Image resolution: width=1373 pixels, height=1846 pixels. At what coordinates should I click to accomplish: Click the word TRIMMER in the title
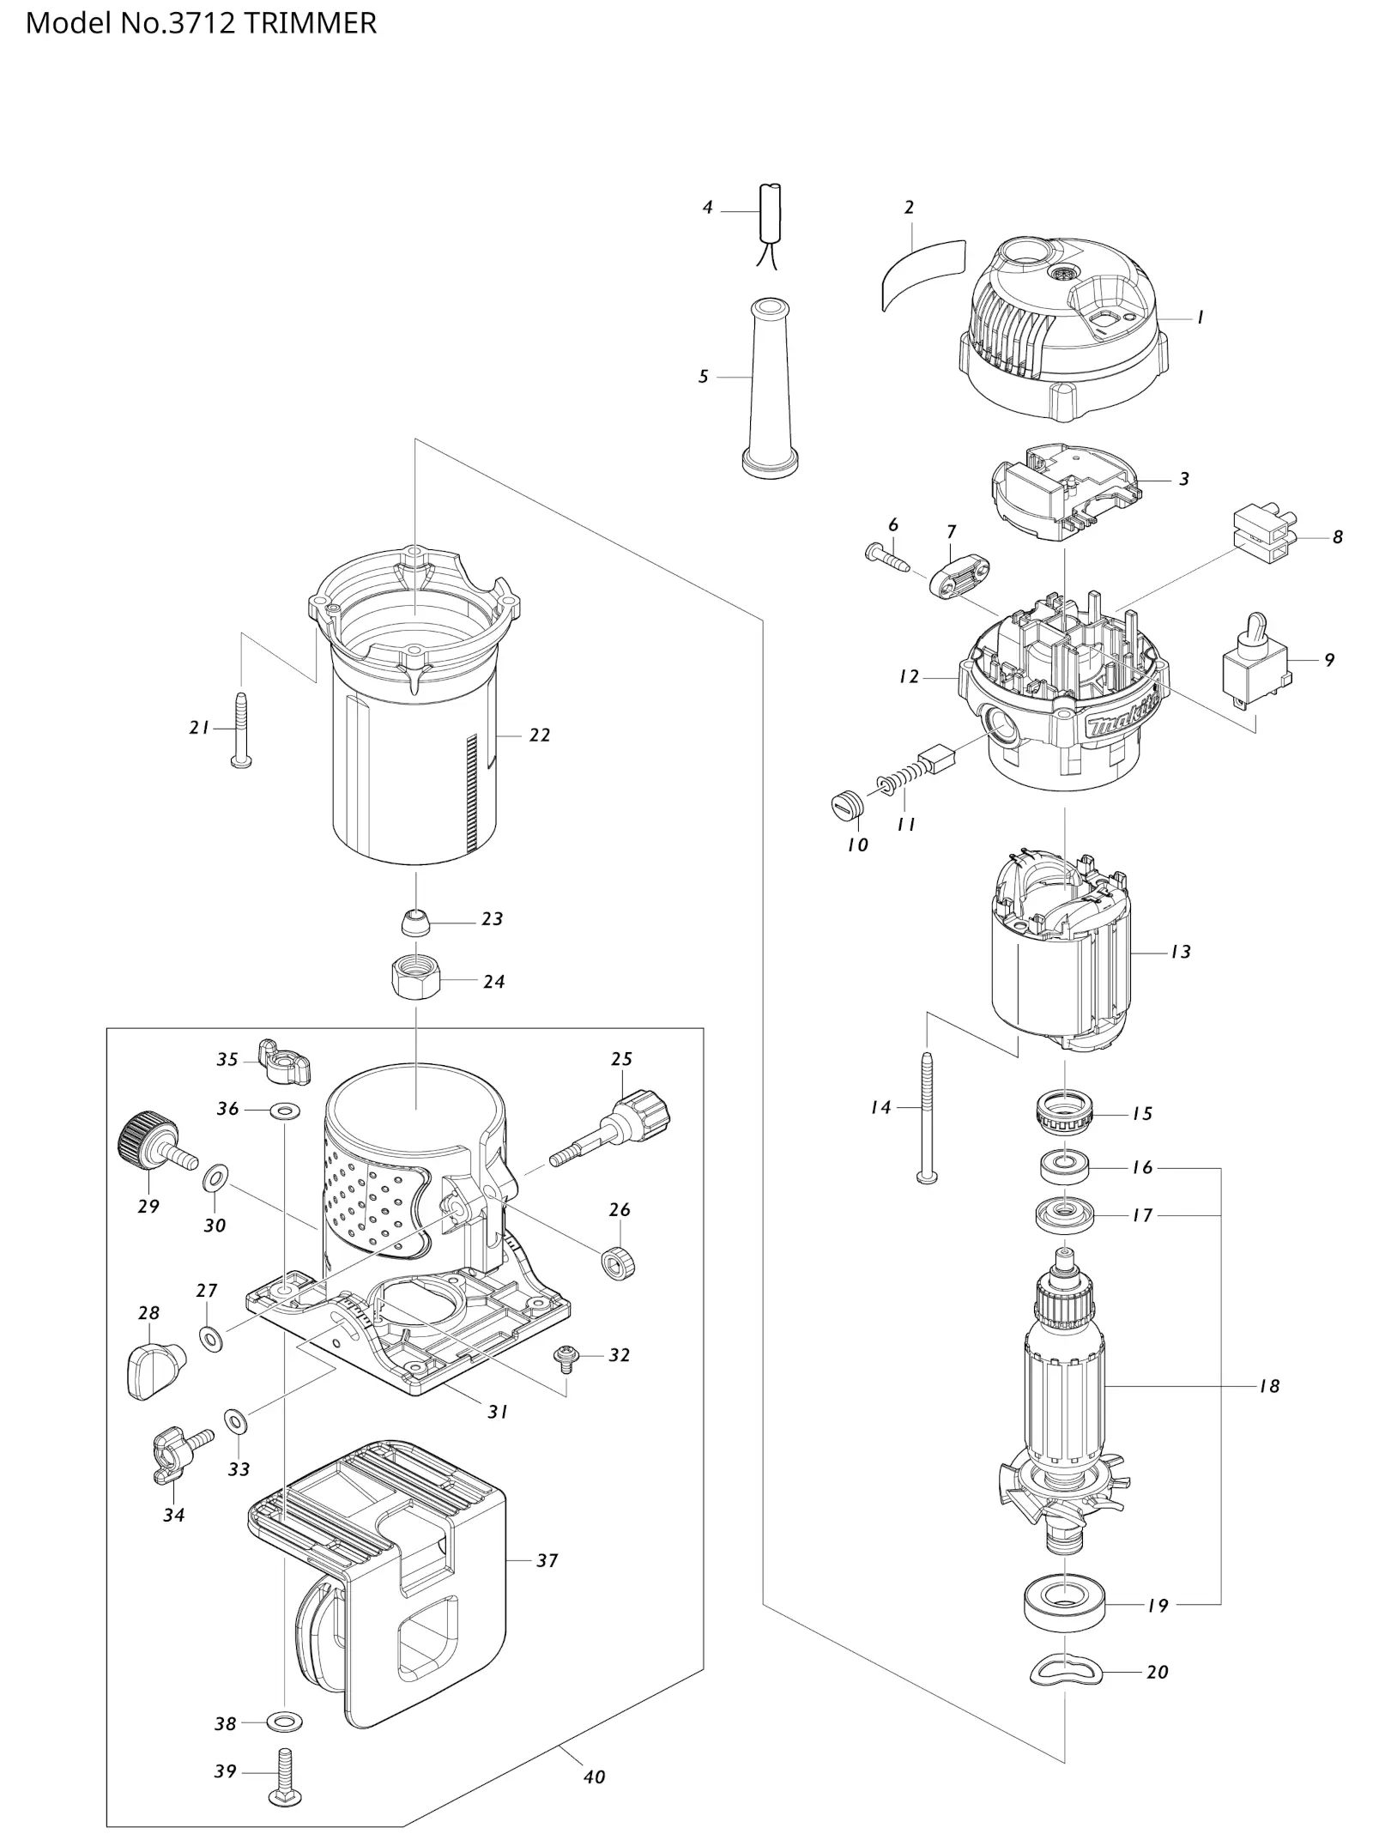coord(311,23)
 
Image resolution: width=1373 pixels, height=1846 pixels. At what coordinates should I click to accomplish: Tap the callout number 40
coord(594,1777)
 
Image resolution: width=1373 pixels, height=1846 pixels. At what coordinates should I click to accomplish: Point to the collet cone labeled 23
coord(415,923)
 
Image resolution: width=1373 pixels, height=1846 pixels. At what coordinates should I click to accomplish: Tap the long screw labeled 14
coord(927,1117)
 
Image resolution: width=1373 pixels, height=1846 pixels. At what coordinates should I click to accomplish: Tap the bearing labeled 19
coord(1064,1603)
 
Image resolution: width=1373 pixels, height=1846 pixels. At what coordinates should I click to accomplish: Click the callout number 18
coord(1269,1386)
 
